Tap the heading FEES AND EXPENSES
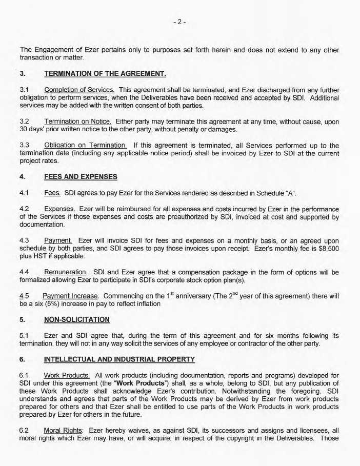81,177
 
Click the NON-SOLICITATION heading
77,319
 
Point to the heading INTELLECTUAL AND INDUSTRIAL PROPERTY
119,359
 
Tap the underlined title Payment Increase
71,296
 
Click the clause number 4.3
24,240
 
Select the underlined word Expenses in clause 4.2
60,209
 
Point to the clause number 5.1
24,336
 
